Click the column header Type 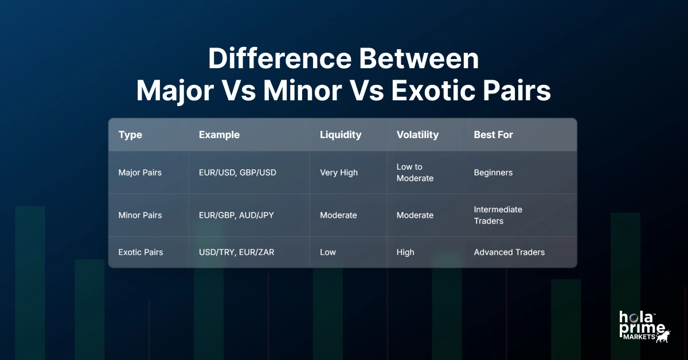[x=130, y=135]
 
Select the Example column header [x=219, y=135]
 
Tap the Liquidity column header [x=341, y=135]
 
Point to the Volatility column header [x=417, y=135]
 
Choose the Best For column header [x=493, y=135]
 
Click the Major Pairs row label [x=140, y=173]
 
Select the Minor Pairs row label [x=140, y=216]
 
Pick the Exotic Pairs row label [x=140, y=252]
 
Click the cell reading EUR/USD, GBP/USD [x=237, y=173]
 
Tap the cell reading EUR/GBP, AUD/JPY [x=237, y=216]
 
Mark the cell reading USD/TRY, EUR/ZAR [x=236, y=252]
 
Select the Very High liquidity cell [x=339, y=173]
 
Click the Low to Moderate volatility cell [x=415, y=173]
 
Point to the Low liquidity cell [x=328, y=252]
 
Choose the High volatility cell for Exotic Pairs [x=405, y=252]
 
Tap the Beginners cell [x=493, y=173]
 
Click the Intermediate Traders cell [x=498, y=216]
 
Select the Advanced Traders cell [x=509, y=252]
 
